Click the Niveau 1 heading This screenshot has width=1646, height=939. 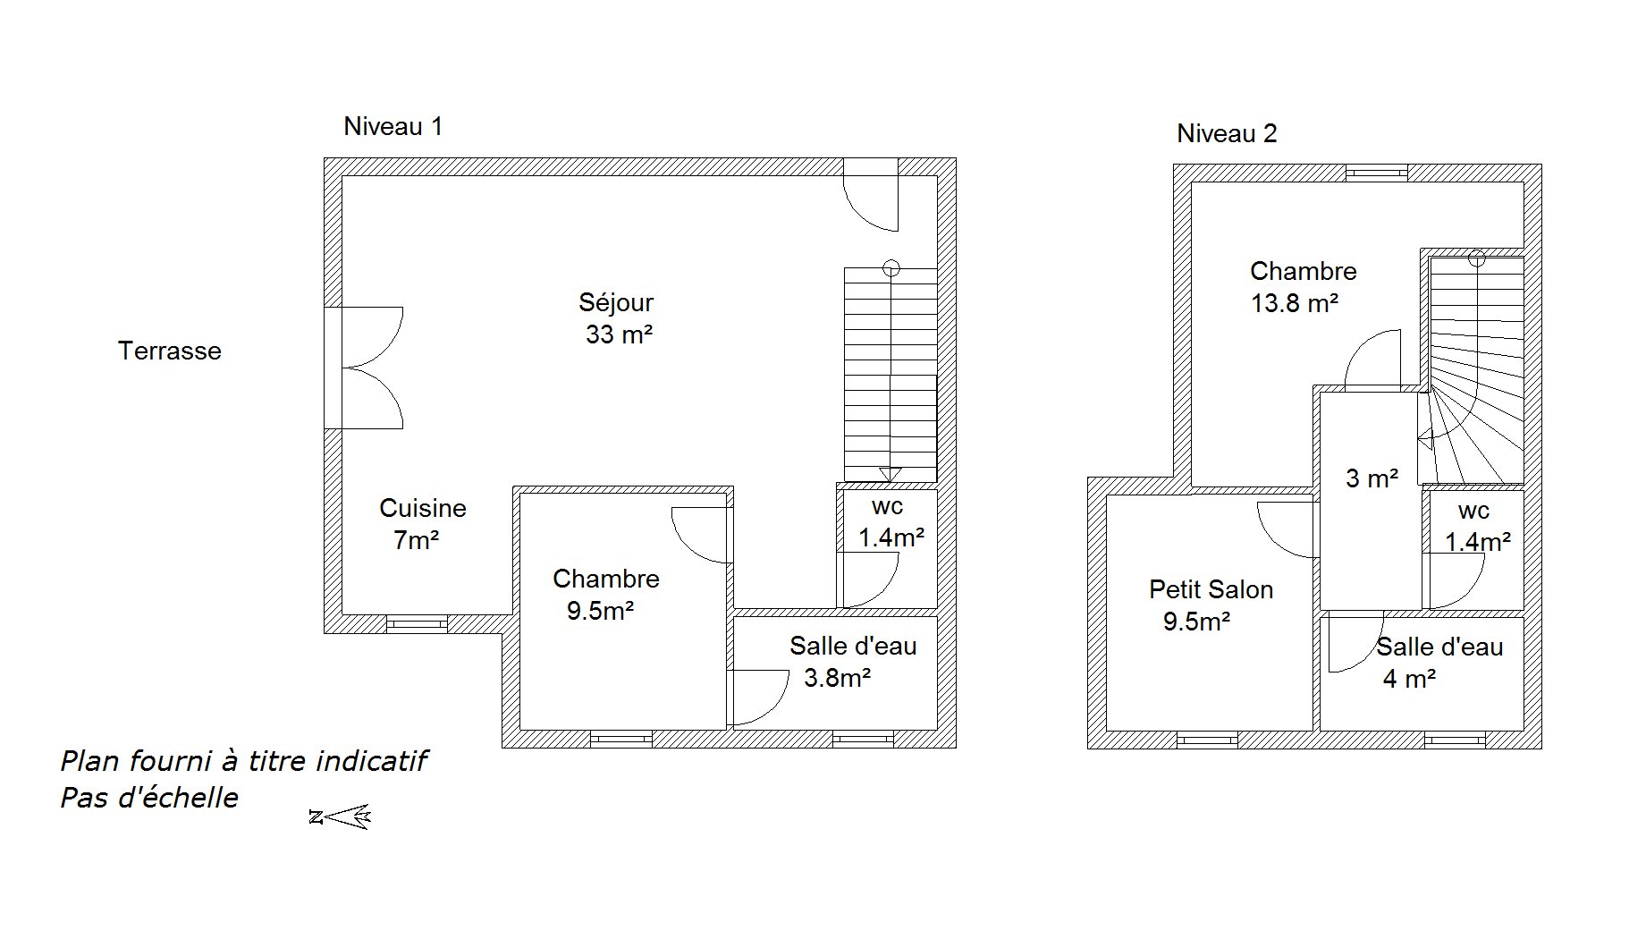(x=393, y=127)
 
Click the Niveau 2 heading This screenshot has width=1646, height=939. (x=1227, y=134)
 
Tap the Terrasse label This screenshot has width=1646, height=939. (x=170, y=351)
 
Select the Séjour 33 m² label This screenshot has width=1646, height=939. (x=617, y=318)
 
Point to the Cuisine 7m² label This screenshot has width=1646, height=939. (x=422, y=524)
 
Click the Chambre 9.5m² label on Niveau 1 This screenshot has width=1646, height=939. (x=605, y=595)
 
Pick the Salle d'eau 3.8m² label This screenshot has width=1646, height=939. (x=852, y=662)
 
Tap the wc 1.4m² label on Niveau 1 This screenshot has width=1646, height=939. (x=891, y=522)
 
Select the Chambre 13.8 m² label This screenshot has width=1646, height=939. (x=1303, y=287)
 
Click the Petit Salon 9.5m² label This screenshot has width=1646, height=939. (x=1211, y=605)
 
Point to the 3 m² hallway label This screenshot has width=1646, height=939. (x=1372, y=478)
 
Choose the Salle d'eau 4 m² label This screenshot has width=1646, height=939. (x=1439, y=663)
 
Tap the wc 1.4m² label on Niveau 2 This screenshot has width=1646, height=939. (x=1478, y=527)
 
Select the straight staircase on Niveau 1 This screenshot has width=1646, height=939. (x=891, y=374)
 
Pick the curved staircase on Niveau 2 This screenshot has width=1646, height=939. (x=1473, y=368)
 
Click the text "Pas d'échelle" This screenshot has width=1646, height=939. (x=149, y=798)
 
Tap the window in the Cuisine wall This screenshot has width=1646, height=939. (x=417, y=624)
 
